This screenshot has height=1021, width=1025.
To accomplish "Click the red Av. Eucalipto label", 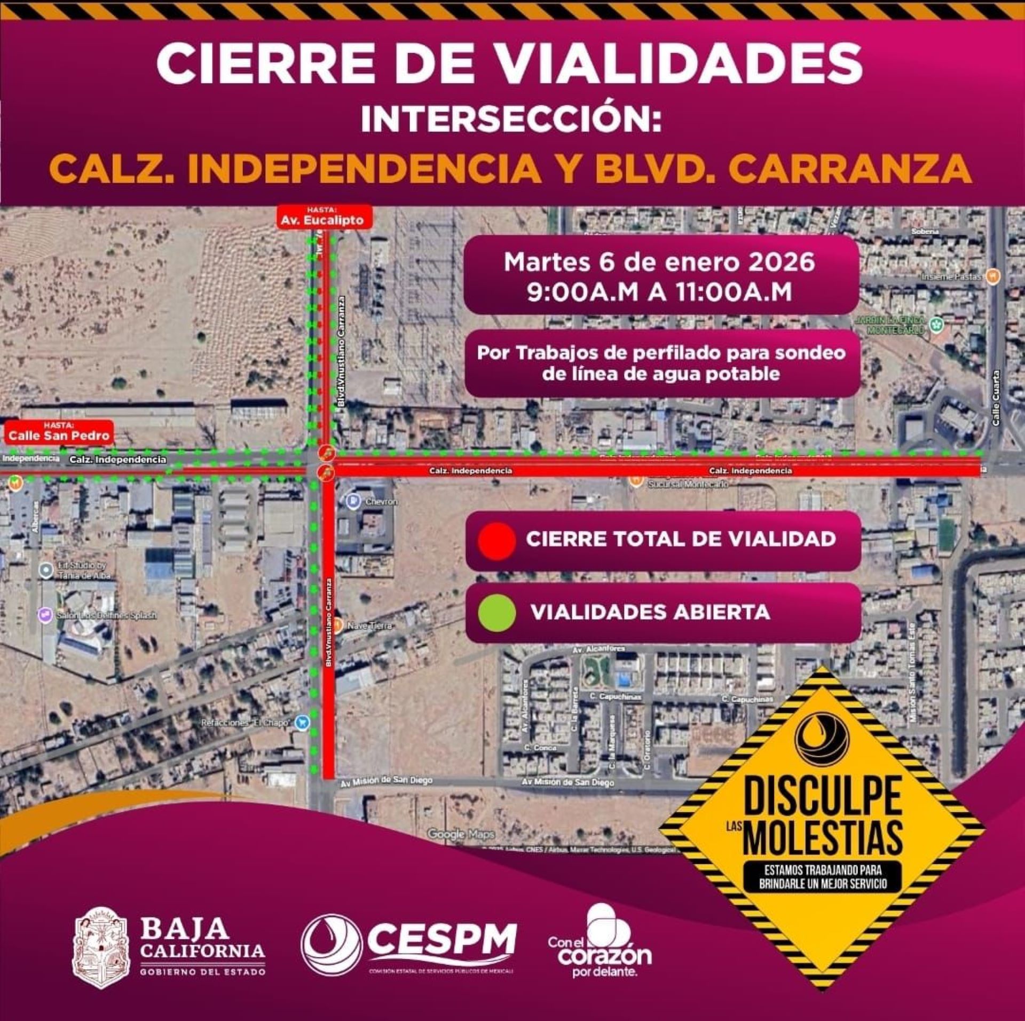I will (x=324, y=219).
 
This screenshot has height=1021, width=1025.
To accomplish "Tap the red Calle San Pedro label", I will (x=59, y=434).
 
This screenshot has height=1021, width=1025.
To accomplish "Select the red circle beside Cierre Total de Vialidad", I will (x=496, y=540).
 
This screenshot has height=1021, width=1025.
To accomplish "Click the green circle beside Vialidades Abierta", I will (x=496, y=613).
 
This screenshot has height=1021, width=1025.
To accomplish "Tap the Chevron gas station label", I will (x=381, y=502).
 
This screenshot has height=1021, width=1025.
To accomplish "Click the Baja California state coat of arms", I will (x=101, y=947).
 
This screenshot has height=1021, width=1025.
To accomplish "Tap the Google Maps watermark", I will (x=461, y=834).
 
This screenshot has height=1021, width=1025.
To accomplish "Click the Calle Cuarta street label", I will (x=995, y=398).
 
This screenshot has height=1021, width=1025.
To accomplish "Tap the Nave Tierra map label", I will (x=370, y=625).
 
